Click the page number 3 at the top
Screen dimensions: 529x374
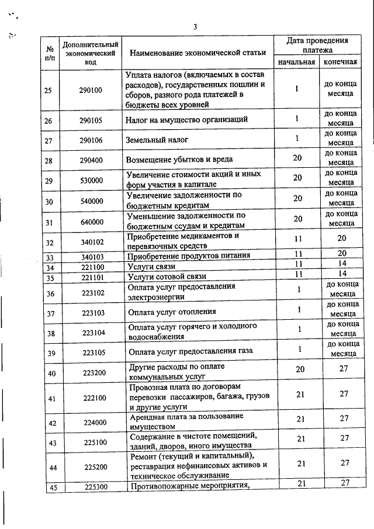196,26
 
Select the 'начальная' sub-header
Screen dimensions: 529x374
296,62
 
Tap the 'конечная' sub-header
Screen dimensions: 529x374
340,62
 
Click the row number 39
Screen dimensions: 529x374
51,353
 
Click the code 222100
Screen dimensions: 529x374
93,399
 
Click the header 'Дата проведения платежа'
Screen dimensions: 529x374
318,46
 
